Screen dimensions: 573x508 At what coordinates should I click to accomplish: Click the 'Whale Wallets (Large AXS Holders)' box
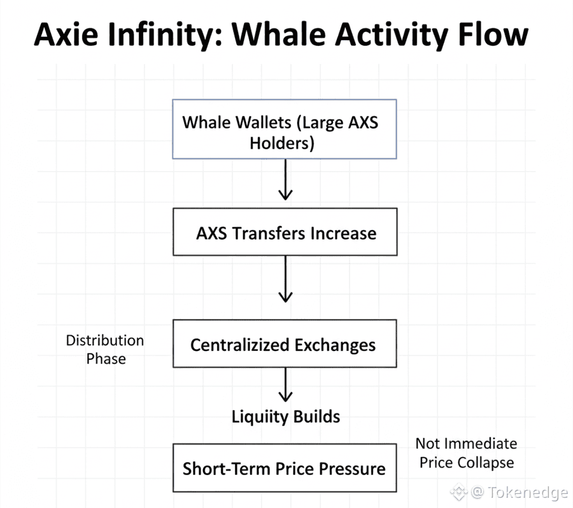(285, 129)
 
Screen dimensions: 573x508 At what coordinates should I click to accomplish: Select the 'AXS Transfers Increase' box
(285, 231)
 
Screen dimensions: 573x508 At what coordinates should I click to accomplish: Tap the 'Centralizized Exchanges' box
(285, 343)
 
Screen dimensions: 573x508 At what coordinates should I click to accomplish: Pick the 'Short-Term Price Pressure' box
(285, 468)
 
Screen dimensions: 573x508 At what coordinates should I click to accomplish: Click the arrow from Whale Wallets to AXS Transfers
(285, 179)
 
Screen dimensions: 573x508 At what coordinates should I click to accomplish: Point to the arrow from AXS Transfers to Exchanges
(285, 279)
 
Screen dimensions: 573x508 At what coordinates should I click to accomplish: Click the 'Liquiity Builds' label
(286, 417)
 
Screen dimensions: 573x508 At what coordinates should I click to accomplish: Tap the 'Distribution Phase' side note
(105, 350)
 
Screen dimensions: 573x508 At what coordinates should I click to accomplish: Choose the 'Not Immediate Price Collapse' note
(467, 453)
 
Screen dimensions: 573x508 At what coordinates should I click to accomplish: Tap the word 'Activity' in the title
(392, 36)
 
